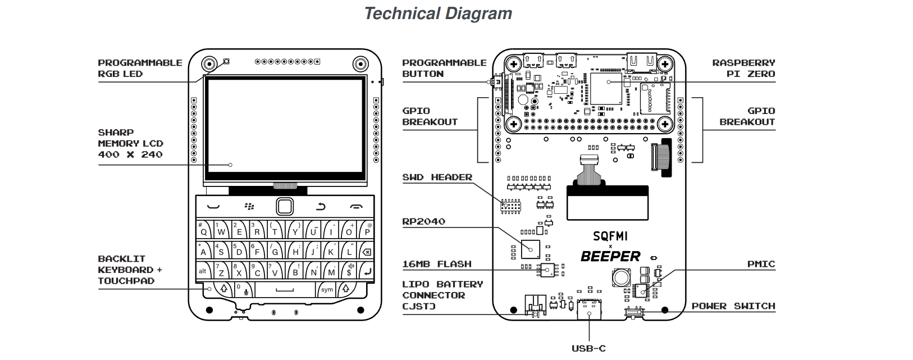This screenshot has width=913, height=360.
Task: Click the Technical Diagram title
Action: [438, 13]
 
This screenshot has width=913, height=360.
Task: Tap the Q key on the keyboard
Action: [203, 230]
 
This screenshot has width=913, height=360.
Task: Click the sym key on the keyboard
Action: [327, 290]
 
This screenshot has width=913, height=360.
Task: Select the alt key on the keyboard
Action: [203, 271]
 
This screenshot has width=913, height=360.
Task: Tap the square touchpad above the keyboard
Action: [285, 207]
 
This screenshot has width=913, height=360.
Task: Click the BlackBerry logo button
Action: [249, 207]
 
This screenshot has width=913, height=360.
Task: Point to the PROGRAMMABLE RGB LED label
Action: [140, 68]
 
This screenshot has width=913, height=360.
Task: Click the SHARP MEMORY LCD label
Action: [130, 143]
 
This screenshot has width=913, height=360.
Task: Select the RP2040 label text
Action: [423, 221]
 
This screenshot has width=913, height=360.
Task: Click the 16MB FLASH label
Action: [436, 264]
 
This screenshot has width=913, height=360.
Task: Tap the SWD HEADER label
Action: [437, 177]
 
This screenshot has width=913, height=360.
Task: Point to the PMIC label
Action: [761, 264]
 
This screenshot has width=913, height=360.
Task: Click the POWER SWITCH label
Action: [733, 306]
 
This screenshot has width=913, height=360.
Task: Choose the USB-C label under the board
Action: [588, 348]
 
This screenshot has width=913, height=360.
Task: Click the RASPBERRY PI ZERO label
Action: [743, 68]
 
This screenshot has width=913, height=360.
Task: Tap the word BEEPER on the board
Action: [610, 257]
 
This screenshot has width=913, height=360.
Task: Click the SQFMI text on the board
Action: [610, 236]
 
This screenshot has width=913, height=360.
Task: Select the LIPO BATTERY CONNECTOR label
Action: [442, 295]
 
